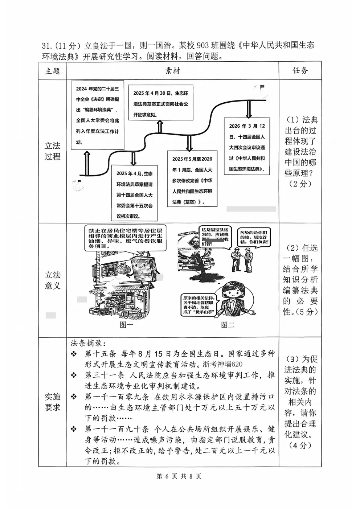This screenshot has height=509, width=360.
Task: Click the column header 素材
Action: pyautogui.click(x=172, y=71)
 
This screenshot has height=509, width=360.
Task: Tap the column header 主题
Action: pyautogui.click(x=52, y=71)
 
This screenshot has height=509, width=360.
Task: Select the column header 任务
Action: pyautogui.click(x=300, y=71)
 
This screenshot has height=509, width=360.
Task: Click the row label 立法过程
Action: pyautogui.click(x=52, y=151)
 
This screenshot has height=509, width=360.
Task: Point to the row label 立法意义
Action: pyautogui.click(x=52, y=280)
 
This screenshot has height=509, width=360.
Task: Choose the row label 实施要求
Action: pyautogui.click(x=52, y=402)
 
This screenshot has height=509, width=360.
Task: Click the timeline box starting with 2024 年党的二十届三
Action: pyautogui.click(x=97, y=115)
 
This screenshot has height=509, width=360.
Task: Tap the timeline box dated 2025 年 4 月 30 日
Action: pyautogui.click(x=161, y=103)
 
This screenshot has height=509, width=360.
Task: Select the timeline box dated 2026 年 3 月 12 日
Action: pyautogui.click(x=247, y=147)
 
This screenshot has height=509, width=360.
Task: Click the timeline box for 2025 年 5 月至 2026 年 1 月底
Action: pyautogui.click(x=192, y=180)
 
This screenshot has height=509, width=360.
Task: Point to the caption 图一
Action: pyautogui.click(x=126, y=325)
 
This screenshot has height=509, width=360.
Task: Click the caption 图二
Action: pyautogui.click(x=228, y=325)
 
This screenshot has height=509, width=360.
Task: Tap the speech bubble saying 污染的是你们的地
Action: pyautogui.click(x=254, y=237)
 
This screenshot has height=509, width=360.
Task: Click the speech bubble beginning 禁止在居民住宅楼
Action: pyautogui.click(x=126, y=238)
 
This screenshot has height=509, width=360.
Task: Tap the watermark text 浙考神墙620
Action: pyautogui.click(x=222, y=364)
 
